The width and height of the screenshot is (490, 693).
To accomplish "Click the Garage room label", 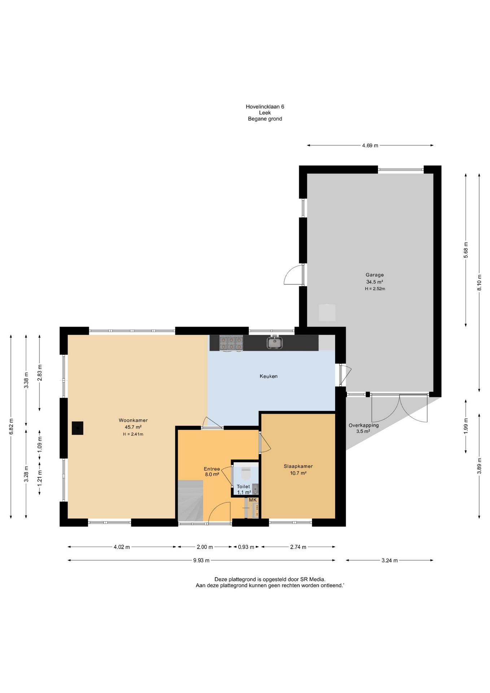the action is [x=375, y=275].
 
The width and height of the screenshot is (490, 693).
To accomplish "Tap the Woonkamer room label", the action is [x=133, y=420].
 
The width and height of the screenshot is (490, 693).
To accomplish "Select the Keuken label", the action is [x=268, y=376].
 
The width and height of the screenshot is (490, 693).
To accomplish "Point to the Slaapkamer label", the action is [x=298, y=466].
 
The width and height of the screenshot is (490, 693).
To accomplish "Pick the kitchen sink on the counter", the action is [x=275, y=343].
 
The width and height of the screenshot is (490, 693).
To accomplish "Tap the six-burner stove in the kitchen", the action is [x=231, y=343].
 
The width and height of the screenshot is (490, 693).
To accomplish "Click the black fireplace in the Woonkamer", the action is [x=78, y=428].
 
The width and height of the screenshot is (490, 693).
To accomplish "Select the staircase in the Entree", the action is [x=191, y=501].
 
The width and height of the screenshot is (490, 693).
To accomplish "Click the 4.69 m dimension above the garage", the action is [x=370, y=145].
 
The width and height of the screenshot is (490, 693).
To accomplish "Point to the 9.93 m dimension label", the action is [x=201, y=561].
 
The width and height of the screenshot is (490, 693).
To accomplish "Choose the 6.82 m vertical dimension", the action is [x=11, y=427].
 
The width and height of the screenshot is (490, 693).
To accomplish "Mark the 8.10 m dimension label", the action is [x=479, y=283].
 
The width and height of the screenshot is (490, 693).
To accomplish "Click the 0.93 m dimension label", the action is [x=246, y=547].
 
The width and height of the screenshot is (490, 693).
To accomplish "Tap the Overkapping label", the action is [x=364, y=425].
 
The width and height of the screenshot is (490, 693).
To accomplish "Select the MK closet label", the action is [x=253, y=500].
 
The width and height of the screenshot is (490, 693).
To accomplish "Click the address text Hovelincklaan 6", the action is [x=265, y=106].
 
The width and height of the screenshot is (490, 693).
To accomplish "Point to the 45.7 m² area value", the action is [x=133, y=427].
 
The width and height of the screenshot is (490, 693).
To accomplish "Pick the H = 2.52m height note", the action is [x=375, y=289].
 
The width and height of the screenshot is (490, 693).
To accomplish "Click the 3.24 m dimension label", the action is [x=390, y=561].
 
